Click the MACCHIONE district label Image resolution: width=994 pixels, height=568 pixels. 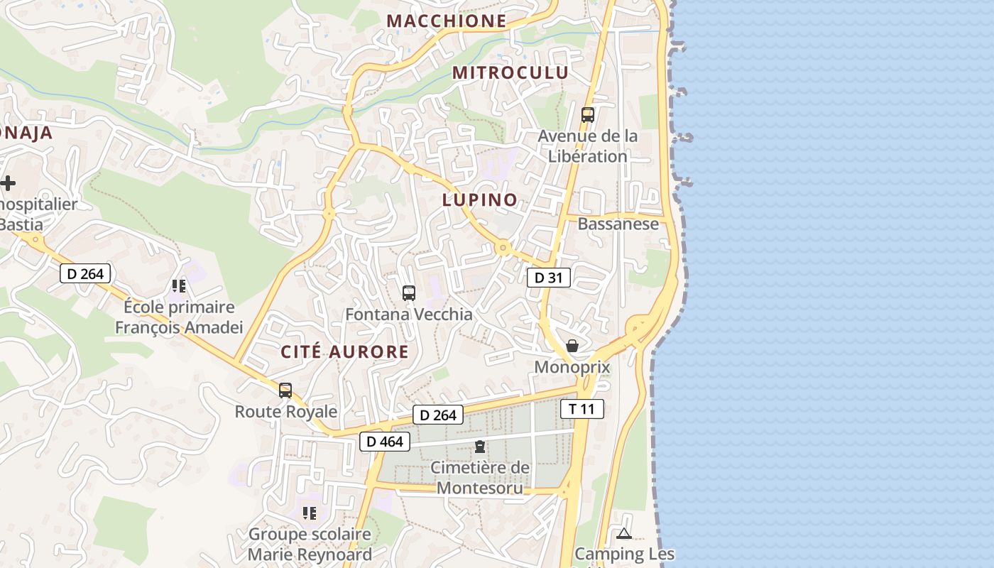[447, 21]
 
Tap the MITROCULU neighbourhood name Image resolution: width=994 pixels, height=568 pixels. [510, 72]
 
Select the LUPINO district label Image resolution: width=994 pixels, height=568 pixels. [480, 200]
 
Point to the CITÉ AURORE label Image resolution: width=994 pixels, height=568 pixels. [344, 351]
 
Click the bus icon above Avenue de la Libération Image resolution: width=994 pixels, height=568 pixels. [587, 114]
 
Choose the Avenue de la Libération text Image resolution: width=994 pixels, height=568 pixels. [588, 146]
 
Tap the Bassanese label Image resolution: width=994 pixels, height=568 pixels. [618, 224]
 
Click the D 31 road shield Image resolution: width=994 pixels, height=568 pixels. [548, 278]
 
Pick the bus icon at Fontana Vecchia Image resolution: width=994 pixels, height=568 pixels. [408, 293]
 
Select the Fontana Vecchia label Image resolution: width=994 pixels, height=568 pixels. [408, 314]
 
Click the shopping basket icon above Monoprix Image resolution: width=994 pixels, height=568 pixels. [572, 346]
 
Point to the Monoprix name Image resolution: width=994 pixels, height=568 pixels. [572, 367]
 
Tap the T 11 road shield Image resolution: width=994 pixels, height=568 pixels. [582, 409]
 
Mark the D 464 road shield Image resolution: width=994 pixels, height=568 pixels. [384, 442]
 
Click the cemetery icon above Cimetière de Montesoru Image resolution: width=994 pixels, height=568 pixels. [480, 447]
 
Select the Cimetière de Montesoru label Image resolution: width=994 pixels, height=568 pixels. [480, 478]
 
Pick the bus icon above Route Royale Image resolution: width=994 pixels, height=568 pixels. [285, 390]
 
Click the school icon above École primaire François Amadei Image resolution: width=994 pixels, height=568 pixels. [178, 286]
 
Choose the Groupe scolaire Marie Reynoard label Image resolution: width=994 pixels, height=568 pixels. [310, 545]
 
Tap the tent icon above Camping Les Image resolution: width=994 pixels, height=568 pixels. [624, 533]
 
